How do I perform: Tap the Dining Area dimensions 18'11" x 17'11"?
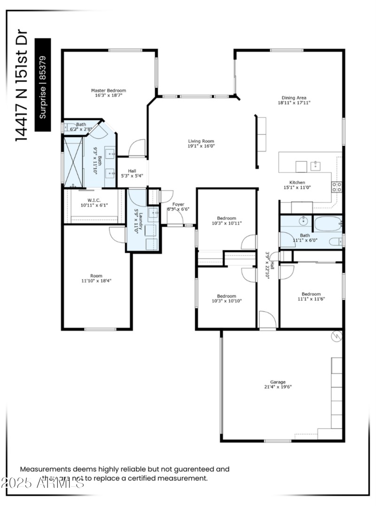coord(294,102)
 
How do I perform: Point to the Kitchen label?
coord(297,183)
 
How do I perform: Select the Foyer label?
coord(178,204)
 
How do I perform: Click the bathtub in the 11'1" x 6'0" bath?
coord(328,223)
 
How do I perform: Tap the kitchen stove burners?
coord(337,187)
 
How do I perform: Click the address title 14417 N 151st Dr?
coord(22,84)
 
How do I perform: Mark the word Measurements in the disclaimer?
coord(45,469)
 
